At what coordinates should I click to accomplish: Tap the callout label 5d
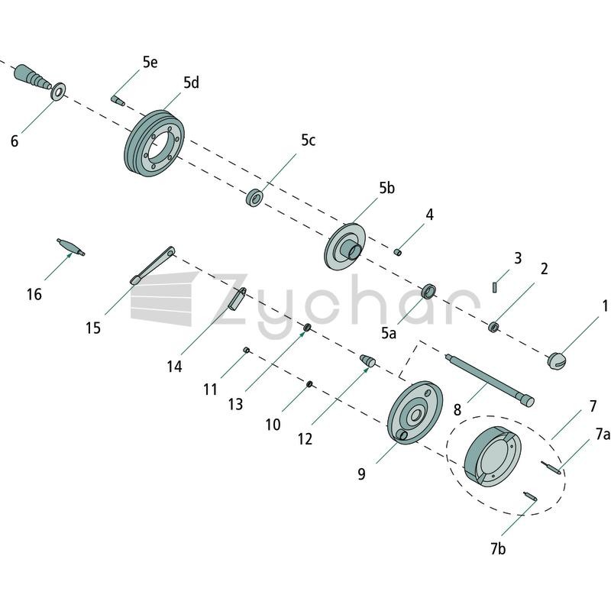point(191,82)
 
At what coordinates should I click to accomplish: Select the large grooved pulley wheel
point(155,144)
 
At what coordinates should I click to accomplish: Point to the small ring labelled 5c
point(254,197)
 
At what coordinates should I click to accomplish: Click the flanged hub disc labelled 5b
point(344,246)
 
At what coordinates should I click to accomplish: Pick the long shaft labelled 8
point(490,380)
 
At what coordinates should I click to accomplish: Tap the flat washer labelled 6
point(59,92)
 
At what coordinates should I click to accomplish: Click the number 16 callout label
point(34,295)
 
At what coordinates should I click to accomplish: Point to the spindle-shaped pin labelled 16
point(70,247)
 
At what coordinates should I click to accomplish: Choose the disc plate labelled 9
point(415,412)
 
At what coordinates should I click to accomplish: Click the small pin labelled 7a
point(551,467)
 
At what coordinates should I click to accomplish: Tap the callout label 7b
point(498,549)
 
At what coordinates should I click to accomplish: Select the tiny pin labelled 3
point(494,287)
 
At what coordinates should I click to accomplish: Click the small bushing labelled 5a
point(429,291)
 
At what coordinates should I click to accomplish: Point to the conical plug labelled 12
point(367,360)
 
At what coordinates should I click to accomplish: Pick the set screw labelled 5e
point(118,100)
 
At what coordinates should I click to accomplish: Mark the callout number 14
point(174,367)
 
